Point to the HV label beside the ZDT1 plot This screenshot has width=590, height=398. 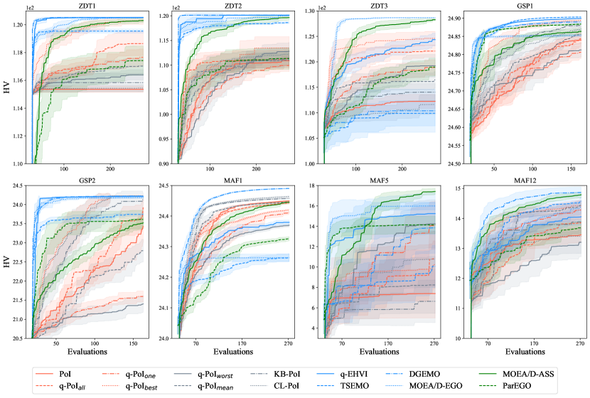[7, 89]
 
